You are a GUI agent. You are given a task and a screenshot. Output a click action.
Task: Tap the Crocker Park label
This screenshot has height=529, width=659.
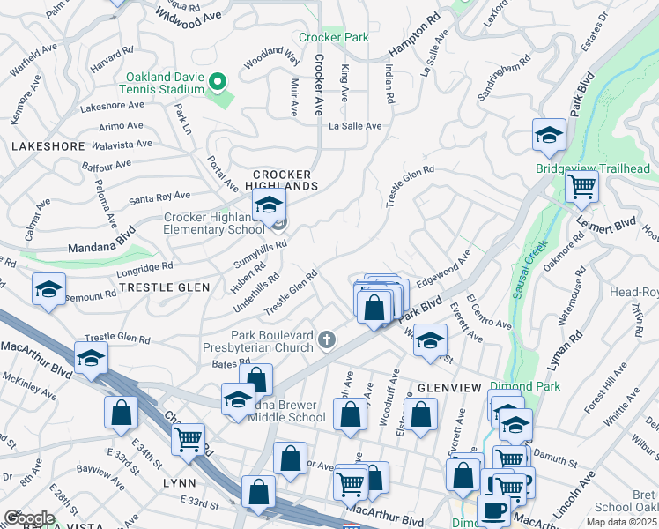333,38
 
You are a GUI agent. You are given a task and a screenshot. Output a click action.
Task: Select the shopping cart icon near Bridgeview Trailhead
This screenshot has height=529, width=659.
581,187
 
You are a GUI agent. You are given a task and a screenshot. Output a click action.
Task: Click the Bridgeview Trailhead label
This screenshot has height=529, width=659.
592,168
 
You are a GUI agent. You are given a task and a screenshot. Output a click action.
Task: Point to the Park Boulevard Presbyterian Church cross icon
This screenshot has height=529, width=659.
327,339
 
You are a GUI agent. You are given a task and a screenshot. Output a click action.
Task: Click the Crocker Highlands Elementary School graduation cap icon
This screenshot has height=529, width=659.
268,208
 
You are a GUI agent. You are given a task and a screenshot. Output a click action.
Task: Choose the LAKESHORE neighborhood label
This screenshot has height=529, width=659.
48,147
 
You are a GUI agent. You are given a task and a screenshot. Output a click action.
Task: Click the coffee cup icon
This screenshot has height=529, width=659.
492,510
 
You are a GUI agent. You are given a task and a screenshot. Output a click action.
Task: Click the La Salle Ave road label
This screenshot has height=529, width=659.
355,126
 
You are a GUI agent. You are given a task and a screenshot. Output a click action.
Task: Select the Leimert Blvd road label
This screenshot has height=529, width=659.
605,230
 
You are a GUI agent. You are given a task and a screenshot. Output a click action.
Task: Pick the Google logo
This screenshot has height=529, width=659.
28,518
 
